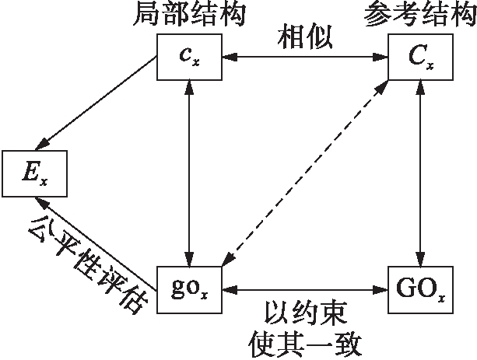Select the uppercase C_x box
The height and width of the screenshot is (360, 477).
pyautogui.click(x=421, y=57)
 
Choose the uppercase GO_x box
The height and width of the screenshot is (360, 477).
pyautogui.click(x=421, y=291)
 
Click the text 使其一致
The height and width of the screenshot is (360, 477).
pyautogui.click(x=305, y=342)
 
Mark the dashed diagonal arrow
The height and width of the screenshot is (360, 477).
pyautogui.click(x=306, y=173)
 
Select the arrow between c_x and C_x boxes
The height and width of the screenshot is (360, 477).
pyautogui.click(x=305, y=58)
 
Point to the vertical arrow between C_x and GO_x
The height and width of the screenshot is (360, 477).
pyautogui.click(x=421, y=173)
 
